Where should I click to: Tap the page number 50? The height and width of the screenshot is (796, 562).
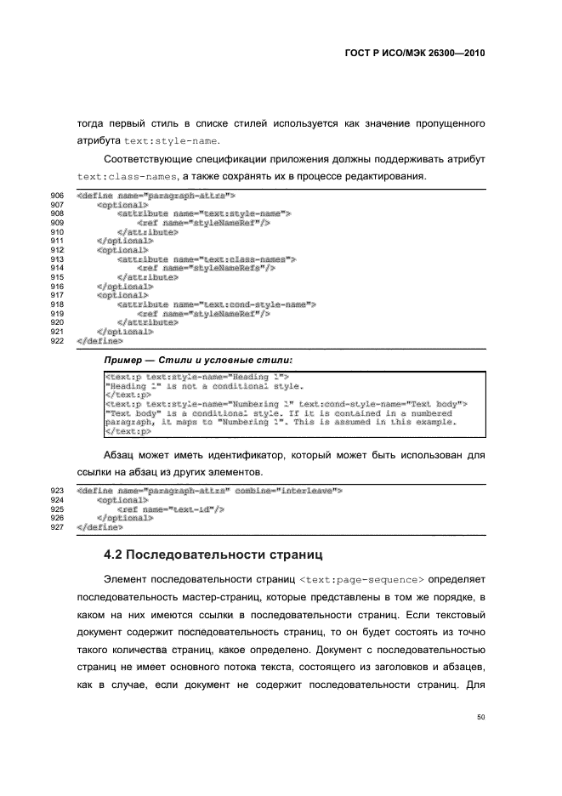(480, 718)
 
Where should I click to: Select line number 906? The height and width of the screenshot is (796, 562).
(58, 196)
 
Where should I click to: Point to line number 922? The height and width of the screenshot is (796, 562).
(58, 340)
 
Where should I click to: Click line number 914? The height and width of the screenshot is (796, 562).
(58, 268)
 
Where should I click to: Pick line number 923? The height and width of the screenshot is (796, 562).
(58, 491)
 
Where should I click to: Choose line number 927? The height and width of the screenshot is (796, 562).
(58, 526)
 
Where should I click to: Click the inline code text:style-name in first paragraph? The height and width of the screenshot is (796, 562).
(171, 140)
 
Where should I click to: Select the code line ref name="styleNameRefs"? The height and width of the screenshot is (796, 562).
(205, 268)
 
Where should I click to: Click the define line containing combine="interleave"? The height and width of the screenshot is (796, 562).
(209, 491)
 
